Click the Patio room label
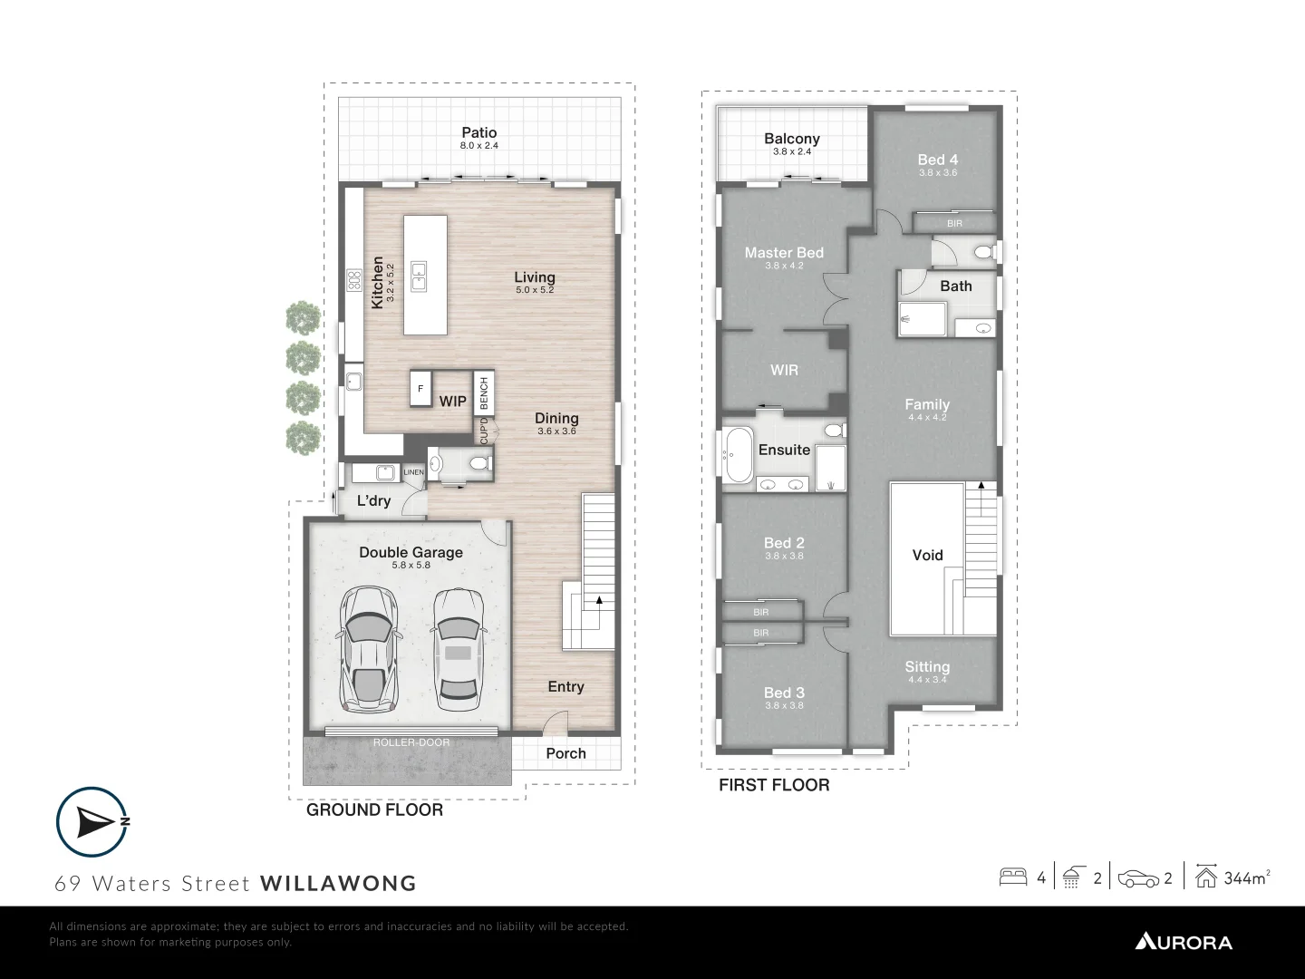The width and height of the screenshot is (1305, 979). pos(478,133)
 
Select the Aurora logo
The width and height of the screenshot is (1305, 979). pos(1184,942)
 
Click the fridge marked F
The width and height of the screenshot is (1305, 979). pos(420,389)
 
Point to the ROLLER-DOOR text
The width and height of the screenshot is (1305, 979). pos(411,742)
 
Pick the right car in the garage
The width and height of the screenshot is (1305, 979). pos(458,649)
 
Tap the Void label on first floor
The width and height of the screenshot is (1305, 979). pos(927,555)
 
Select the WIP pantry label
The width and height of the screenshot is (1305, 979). pos(453,402)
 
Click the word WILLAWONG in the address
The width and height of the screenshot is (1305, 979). pos(338,883)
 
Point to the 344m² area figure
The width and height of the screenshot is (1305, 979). pos(1246,877)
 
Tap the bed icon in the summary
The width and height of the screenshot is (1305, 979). pos(1012,877)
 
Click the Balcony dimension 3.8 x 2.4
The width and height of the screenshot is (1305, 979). pos(792,152)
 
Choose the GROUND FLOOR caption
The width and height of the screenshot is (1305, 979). pos(374,810)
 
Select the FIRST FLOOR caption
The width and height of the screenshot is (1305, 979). pos(774,785)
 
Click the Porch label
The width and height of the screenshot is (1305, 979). pos(565,753)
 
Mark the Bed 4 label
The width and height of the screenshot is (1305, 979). pos(937,160)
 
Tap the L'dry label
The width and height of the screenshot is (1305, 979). pos(373,500)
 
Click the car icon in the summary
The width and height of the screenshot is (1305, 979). pos(1138,877)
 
